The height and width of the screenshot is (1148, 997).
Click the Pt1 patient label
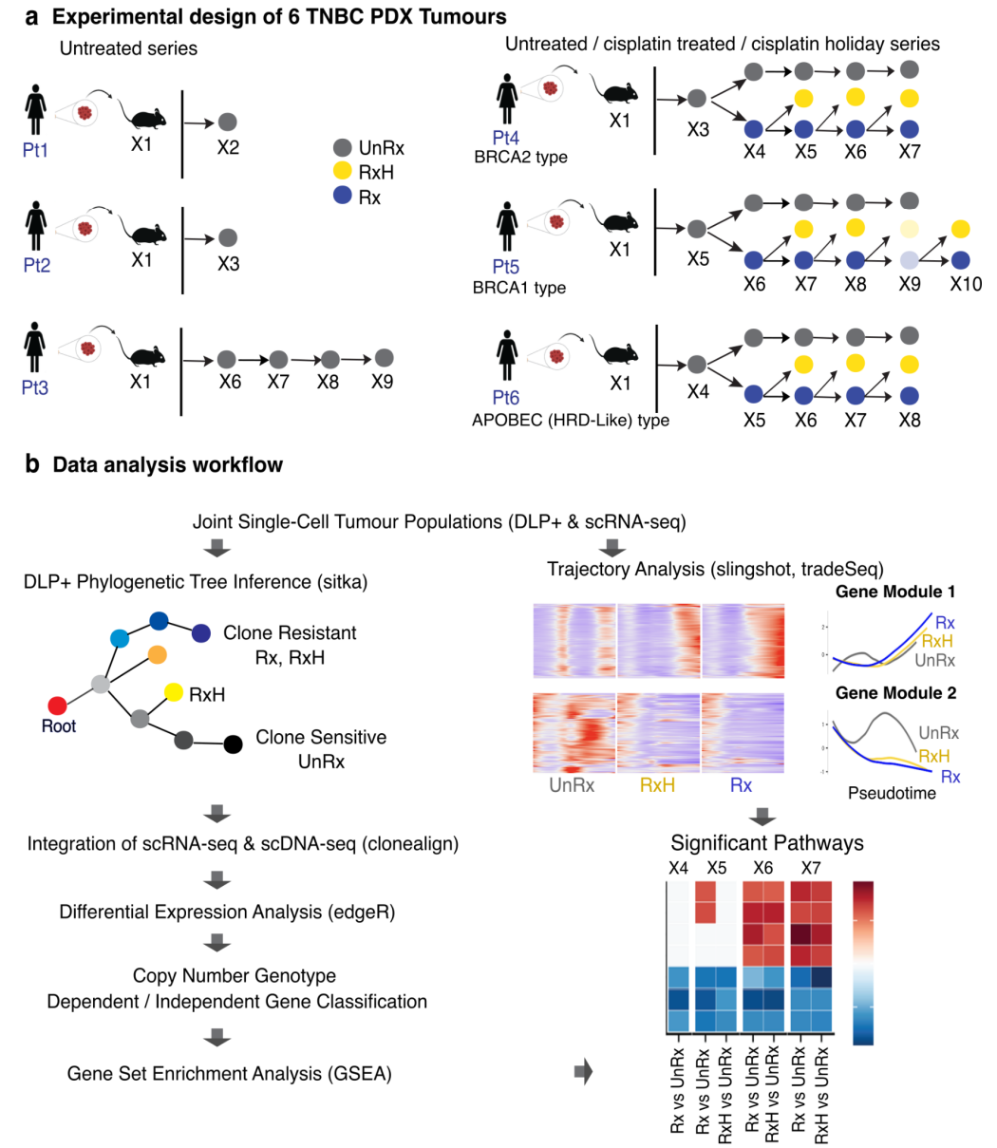35,150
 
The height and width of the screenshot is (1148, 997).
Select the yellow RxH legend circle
343,173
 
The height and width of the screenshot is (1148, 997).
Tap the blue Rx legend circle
343,198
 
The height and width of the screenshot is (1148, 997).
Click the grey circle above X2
227,122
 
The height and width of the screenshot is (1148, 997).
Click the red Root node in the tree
57,706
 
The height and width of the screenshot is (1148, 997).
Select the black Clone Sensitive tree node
233,744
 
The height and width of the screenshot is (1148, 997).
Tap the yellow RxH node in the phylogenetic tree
173,692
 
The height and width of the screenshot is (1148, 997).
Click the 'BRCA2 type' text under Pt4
520,158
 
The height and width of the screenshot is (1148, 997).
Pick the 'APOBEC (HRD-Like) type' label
570,420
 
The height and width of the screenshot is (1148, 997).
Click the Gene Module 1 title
894,593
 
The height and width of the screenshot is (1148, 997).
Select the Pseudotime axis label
891,793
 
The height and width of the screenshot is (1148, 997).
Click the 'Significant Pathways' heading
767,843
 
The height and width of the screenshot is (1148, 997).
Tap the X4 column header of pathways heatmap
678,868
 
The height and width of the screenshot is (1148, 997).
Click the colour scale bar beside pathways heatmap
863,962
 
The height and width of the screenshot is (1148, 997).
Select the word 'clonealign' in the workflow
408,844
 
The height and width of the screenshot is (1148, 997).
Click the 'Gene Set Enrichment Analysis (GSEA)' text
229,1073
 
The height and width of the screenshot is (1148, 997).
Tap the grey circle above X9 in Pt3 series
384,358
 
